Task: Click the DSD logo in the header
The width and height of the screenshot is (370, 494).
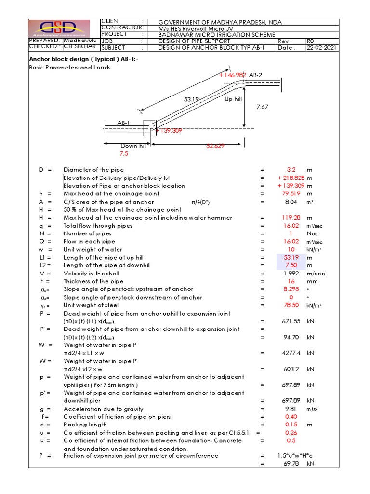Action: pos(59,28)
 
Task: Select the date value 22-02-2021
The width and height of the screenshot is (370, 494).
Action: pos(322,48)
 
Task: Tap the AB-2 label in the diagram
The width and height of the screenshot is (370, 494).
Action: pos(255,75)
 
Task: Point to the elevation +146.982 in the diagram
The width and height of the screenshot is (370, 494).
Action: pos(233,75)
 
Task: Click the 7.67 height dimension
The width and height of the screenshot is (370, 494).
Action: pos(262,107)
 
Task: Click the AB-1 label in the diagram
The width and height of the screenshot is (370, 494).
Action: pos(124,123)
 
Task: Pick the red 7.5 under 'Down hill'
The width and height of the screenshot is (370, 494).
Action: pos(124,154)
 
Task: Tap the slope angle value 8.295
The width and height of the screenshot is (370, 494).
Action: pos(291,289)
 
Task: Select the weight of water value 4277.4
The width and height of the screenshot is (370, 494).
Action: pos(291,353)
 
